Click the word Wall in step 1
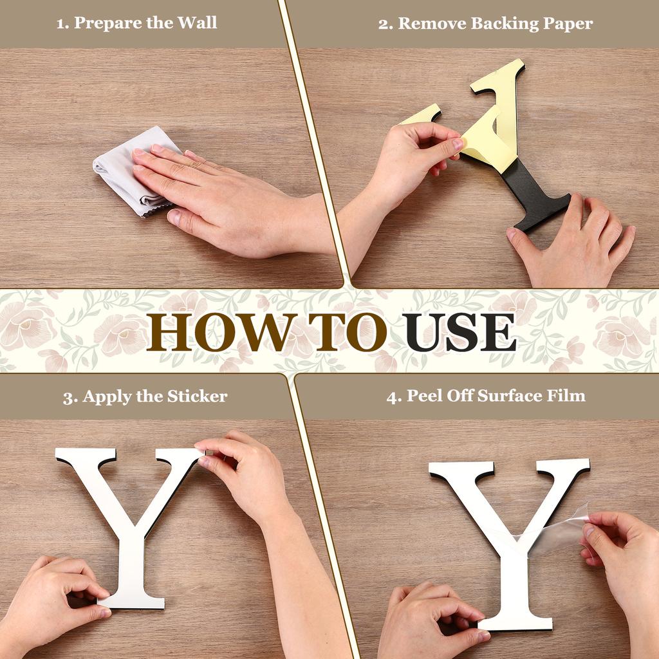pyautogui.click(x=197, y=23)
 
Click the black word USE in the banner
pyautogui.click(x=459, y=332)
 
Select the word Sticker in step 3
pyautogui.click(x=197, y=396)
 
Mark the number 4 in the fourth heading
pyautogui.click(x=393, y=396)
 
